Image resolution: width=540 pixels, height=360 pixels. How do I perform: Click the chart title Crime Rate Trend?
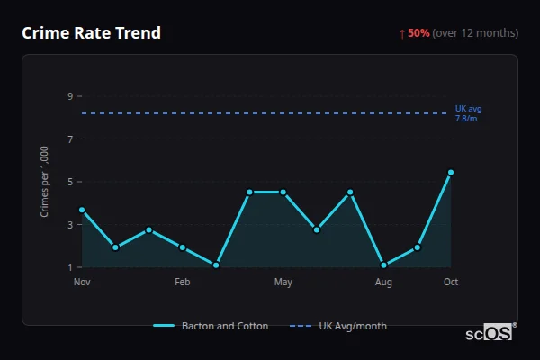(92, 33)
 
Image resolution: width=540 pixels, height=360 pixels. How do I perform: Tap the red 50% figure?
(418, 33)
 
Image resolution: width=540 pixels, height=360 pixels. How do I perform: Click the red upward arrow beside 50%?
(402, 33)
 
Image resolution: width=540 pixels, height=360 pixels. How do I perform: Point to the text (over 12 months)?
(475, 33)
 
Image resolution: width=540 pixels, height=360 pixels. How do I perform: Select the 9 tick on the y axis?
(70, 96)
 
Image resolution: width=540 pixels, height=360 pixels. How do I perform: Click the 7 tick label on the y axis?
(70, 139)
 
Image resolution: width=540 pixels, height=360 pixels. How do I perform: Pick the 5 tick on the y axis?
(70, 182)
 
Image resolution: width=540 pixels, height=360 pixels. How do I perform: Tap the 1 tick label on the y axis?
(70, 267)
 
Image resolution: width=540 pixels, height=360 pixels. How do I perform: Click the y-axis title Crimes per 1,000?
(44, 182)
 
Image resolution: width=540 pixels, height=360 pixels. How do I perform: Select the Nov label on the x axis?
(82, 283)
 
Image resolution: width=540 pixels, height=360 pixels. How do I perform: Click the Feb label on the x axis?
(183, 283)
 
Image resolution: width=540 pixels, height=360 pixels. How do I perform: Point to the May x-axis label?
(283, 283)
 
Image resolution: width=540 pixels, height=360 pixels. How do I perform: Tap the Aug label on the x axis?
(383, 283)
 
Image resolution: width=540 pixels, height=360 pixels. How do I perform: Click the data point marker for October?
(451, 172)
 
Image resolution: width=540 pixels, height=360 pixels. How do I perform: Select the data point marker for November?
(82, 210)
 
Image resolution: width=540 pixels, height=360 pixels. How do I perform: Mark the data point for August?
(383, 265)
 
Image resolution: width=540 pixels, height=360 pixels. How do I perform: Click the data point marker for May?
(283, 192)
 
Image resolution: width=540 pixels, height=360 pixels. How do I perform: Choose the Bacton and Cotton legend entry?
(211, 326)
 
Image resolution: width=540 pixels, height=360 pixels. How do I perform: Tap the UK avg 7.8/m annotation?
(467, 113)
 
